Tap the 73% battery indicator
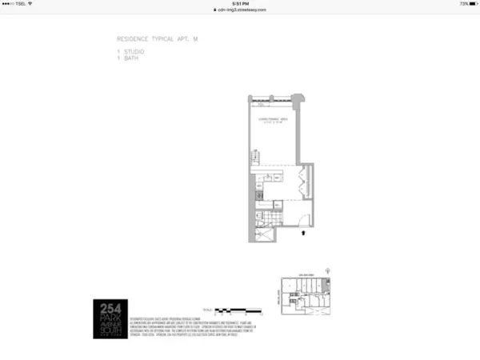point(466,3)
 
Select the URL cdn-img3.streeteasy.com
point(241,10)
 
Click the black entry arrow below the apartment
point(303,234)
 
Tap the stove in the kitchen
point(258,194)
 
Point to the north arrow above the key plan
point(330,271)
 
